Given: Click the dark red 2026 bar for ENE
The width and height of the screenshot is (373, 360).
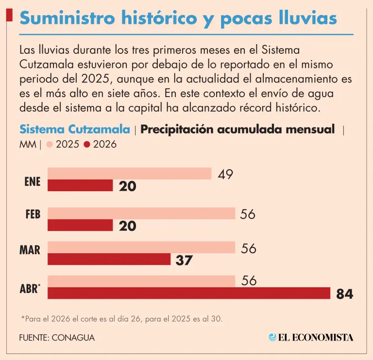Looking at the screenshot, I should click(x=80, y=185).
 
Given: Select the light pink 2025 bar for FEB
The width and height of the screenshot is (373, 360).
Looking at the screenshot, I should click(x=141, y=214).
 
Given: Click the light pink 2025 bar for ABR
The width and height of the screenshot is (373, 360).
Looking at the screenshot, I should click(x=141, y=281).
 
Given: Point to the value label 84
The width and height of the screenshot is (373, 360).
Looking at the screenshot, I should click(x=344, y=294).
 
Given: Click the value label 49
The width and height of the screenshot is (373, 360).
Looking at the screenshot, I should click(x=225, y=174).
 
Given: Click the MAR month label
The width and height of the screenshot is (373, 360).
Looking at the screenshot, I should click(x=30, y=250).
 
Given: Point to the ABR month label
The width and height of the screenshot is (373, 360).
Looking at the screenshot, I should click(x=30, y=290).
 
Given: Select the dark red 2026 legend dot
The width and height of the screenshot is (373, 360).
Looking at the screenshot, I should click(x=87, y=144).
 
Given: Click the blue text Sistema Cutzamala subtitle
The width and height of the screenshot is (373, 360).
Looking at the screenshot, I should click(x=75, y=130).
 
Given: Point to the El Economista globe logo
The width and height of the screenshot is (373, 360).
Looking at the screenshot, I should click(x=272, y=336).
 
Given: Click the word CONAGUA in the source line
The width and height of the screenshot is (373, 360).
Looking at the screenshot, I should click(x=74, y=337).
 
